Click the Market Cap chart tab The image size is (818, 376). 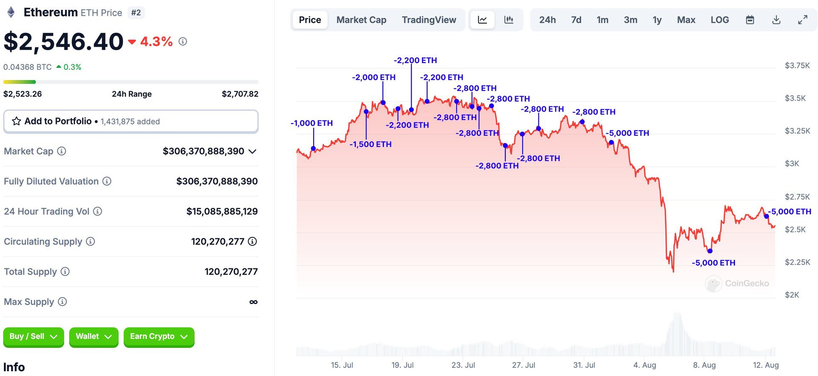point(361,20)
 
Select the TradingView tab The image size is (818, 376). point(429,20)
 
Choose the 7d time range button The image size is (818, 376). point(576,20)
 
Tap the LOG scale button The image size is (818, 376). point(720,20)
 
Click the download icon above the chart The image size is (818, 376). point(776,20)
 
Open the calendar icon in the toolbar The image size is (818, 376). point(750,20)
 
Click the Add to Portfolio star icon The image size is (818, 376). point(17,121)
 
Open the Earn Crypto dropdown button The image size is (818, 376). point(159,337)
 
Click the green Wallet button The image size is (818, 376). point(93,337)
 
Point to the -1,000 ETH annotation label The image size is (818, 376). point(311,123)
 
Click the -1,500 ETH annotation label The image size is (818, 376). point(370,144)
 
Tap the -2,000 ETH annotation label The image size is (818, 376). point(374,77)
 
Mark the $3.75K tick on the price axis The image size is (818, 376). point(797,66)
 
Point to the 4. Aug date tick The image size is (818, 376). point(645,365)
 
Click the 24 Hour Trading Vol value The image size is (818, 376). point(222,211)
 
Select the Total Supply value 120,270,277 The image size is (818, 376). point(231,272)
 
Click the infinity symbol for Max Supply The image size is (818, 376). point(253,302)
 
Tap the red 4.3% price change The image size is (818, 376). point(156,42)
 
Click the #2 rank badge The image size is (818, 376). point(136,13)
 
